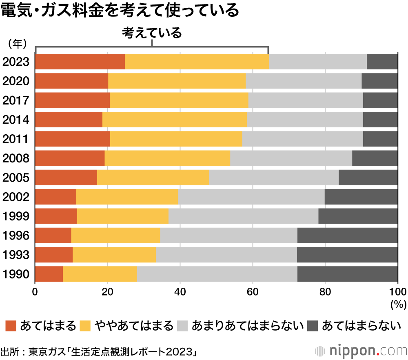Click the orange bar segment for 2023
click(80, 62)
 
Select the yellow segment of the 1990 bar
click(100, 274)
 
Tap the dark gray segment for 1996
click(347, 236)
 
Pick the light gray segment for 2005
click(274, 178)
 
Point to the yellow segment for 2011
click(176, 139)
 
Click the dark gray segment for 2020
click(379, 81)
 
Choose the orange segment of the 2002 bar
click(56, 197)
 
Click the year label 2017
click(16, 100)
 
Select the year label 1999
click(16, 216)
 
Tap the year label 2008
click(16, 158)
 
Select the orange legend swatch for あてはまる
click(11, 325)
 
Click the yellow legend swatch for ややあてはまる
click(85, 325)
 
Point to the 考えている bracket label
click(152, 33)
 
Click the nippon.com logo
click(360, 350)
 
